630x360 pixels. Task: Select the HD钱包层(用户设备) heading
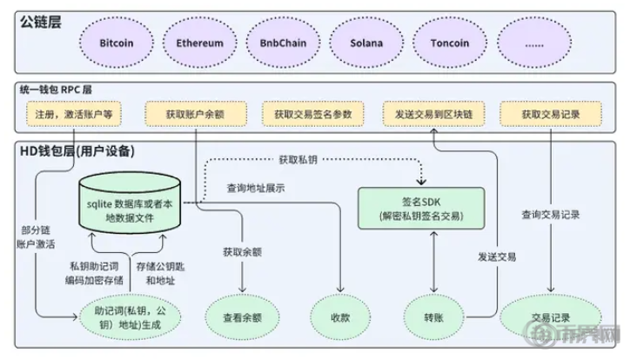[77, 151]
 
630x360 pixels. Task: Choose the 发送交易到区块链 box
[427, 114]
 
